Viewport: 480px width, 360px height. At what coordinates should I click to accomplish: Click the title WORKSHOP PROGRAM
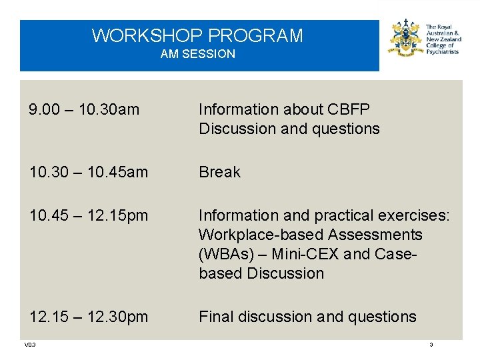coord(197,35)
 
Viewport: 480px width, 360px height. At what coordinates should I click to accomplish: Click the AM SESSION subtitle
coord(197,54)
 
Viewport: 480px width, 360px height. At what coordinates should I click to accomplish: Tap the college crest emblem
coord(405,37)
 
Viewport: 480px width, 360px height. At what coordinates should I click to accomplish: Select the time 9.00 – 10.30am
coord(84,109)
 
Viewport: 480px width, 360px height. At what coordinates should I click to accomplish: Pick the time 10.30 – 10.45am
coord(89,172)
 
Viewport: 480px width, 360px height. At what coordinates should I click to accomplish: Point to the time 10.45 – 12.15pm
coord(89,216)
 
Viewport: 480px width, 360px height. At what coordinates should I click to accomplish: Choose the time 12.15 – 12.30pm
coord(89,317)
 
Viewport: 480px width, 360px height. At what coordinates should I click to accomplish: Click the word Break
coord(219,172)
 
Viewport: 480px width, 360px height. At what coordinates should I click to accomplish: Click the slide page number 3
coord(431,345)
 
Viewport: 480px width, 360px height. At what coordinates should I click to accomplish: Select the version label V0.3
coord(29,345)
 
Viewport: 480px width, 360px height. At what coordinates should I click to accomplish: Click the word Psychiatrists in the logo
coord(442,52)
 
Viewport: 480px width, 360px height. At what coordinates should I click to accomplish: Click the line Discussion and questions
coord(289,129)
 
